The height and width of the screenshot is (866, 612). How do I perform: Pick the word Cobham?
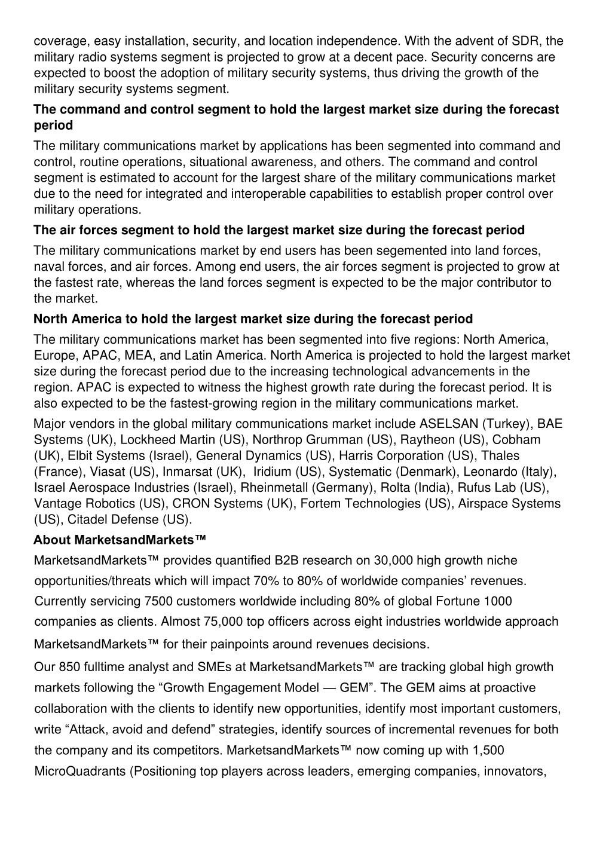[517, 440]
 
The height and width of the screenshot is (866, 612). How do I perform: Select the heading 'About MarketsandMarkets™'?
[120, 540]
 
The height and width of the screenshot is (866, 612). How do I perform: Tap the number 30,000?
[393, 561]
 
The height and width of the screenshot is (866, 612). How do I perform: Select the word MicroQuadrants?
[80, 771]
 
